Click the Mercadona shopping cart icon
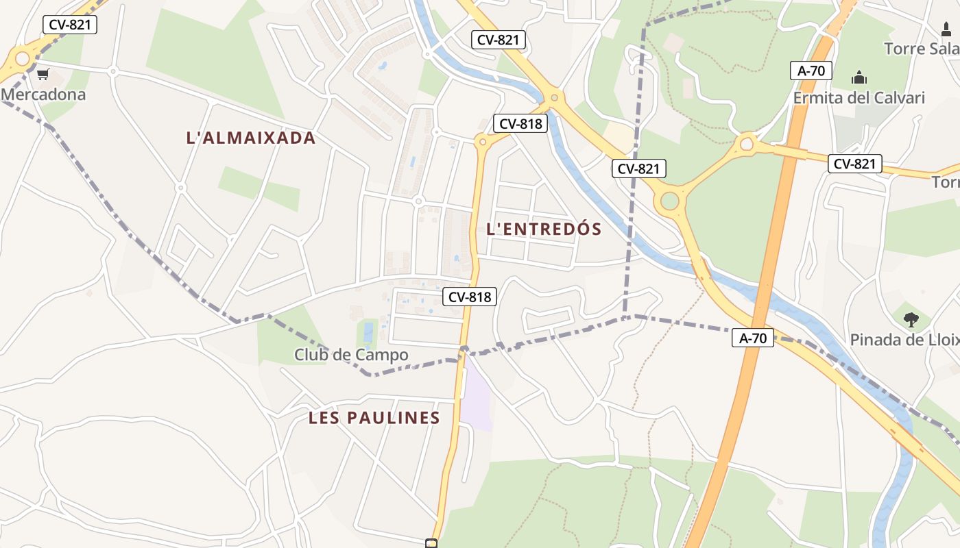click(43, 75)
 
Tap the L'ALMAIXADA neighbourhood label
click(251, 138)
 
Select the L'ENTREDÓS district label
click(544, 229)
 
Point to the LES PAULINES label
click(374, 418)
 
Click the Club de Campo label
click(351, 355)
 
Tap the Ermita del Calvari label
click(859, 98)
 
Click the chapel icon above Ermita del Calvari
click(859, 78)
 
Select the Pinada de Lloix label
click(904, 340)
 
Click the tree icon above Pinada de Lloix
click(911, 319)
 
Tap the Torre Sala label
click(922, 49)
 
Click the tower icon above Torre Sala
click(946, 29)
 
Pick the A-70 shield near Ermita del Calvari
click(811, 71)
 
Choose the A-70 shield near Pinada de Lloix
click(752, 338)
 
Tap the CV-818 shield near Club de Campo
click(470, 297)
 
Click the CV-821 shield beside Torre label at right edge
click(854, 164)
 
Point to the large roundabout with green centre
click(669, 201)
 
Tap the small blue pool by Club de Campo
click(368, 334)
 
